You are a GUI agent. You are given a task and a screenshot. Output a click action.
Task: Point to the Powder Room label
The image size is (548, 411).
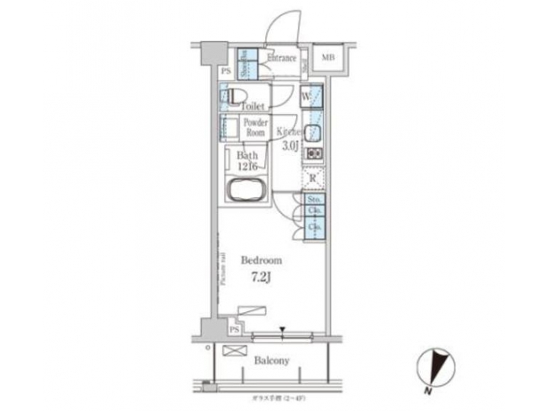click(255, 127)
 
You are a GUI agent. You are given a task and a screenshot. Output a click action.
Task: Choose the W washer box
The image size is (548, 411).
click(304, 97)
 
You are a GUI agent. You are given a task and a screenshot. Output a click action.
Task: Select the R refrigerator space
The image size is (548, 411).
click(313, 179)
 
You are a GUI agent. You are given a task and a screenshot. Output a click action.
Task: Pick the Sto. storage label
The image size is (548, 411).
click(313, 199)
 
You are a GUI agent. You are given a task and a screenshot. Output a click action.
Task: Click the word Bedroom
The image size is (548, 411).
click(261, 260)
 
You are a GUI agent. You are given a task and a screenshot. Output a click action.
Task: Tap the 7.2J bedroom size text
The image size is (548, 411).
click(261, 277)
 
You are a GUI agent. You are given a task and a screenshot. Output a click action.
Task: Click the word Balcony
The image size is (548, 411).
click(270, 361)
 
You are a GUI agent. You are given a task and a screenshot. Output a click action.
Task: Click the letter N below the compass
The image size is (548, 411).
click(430, 390)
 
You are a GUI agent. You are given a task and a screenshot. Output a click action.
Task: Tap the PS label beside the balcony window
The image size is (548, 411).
click(235, 330)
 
